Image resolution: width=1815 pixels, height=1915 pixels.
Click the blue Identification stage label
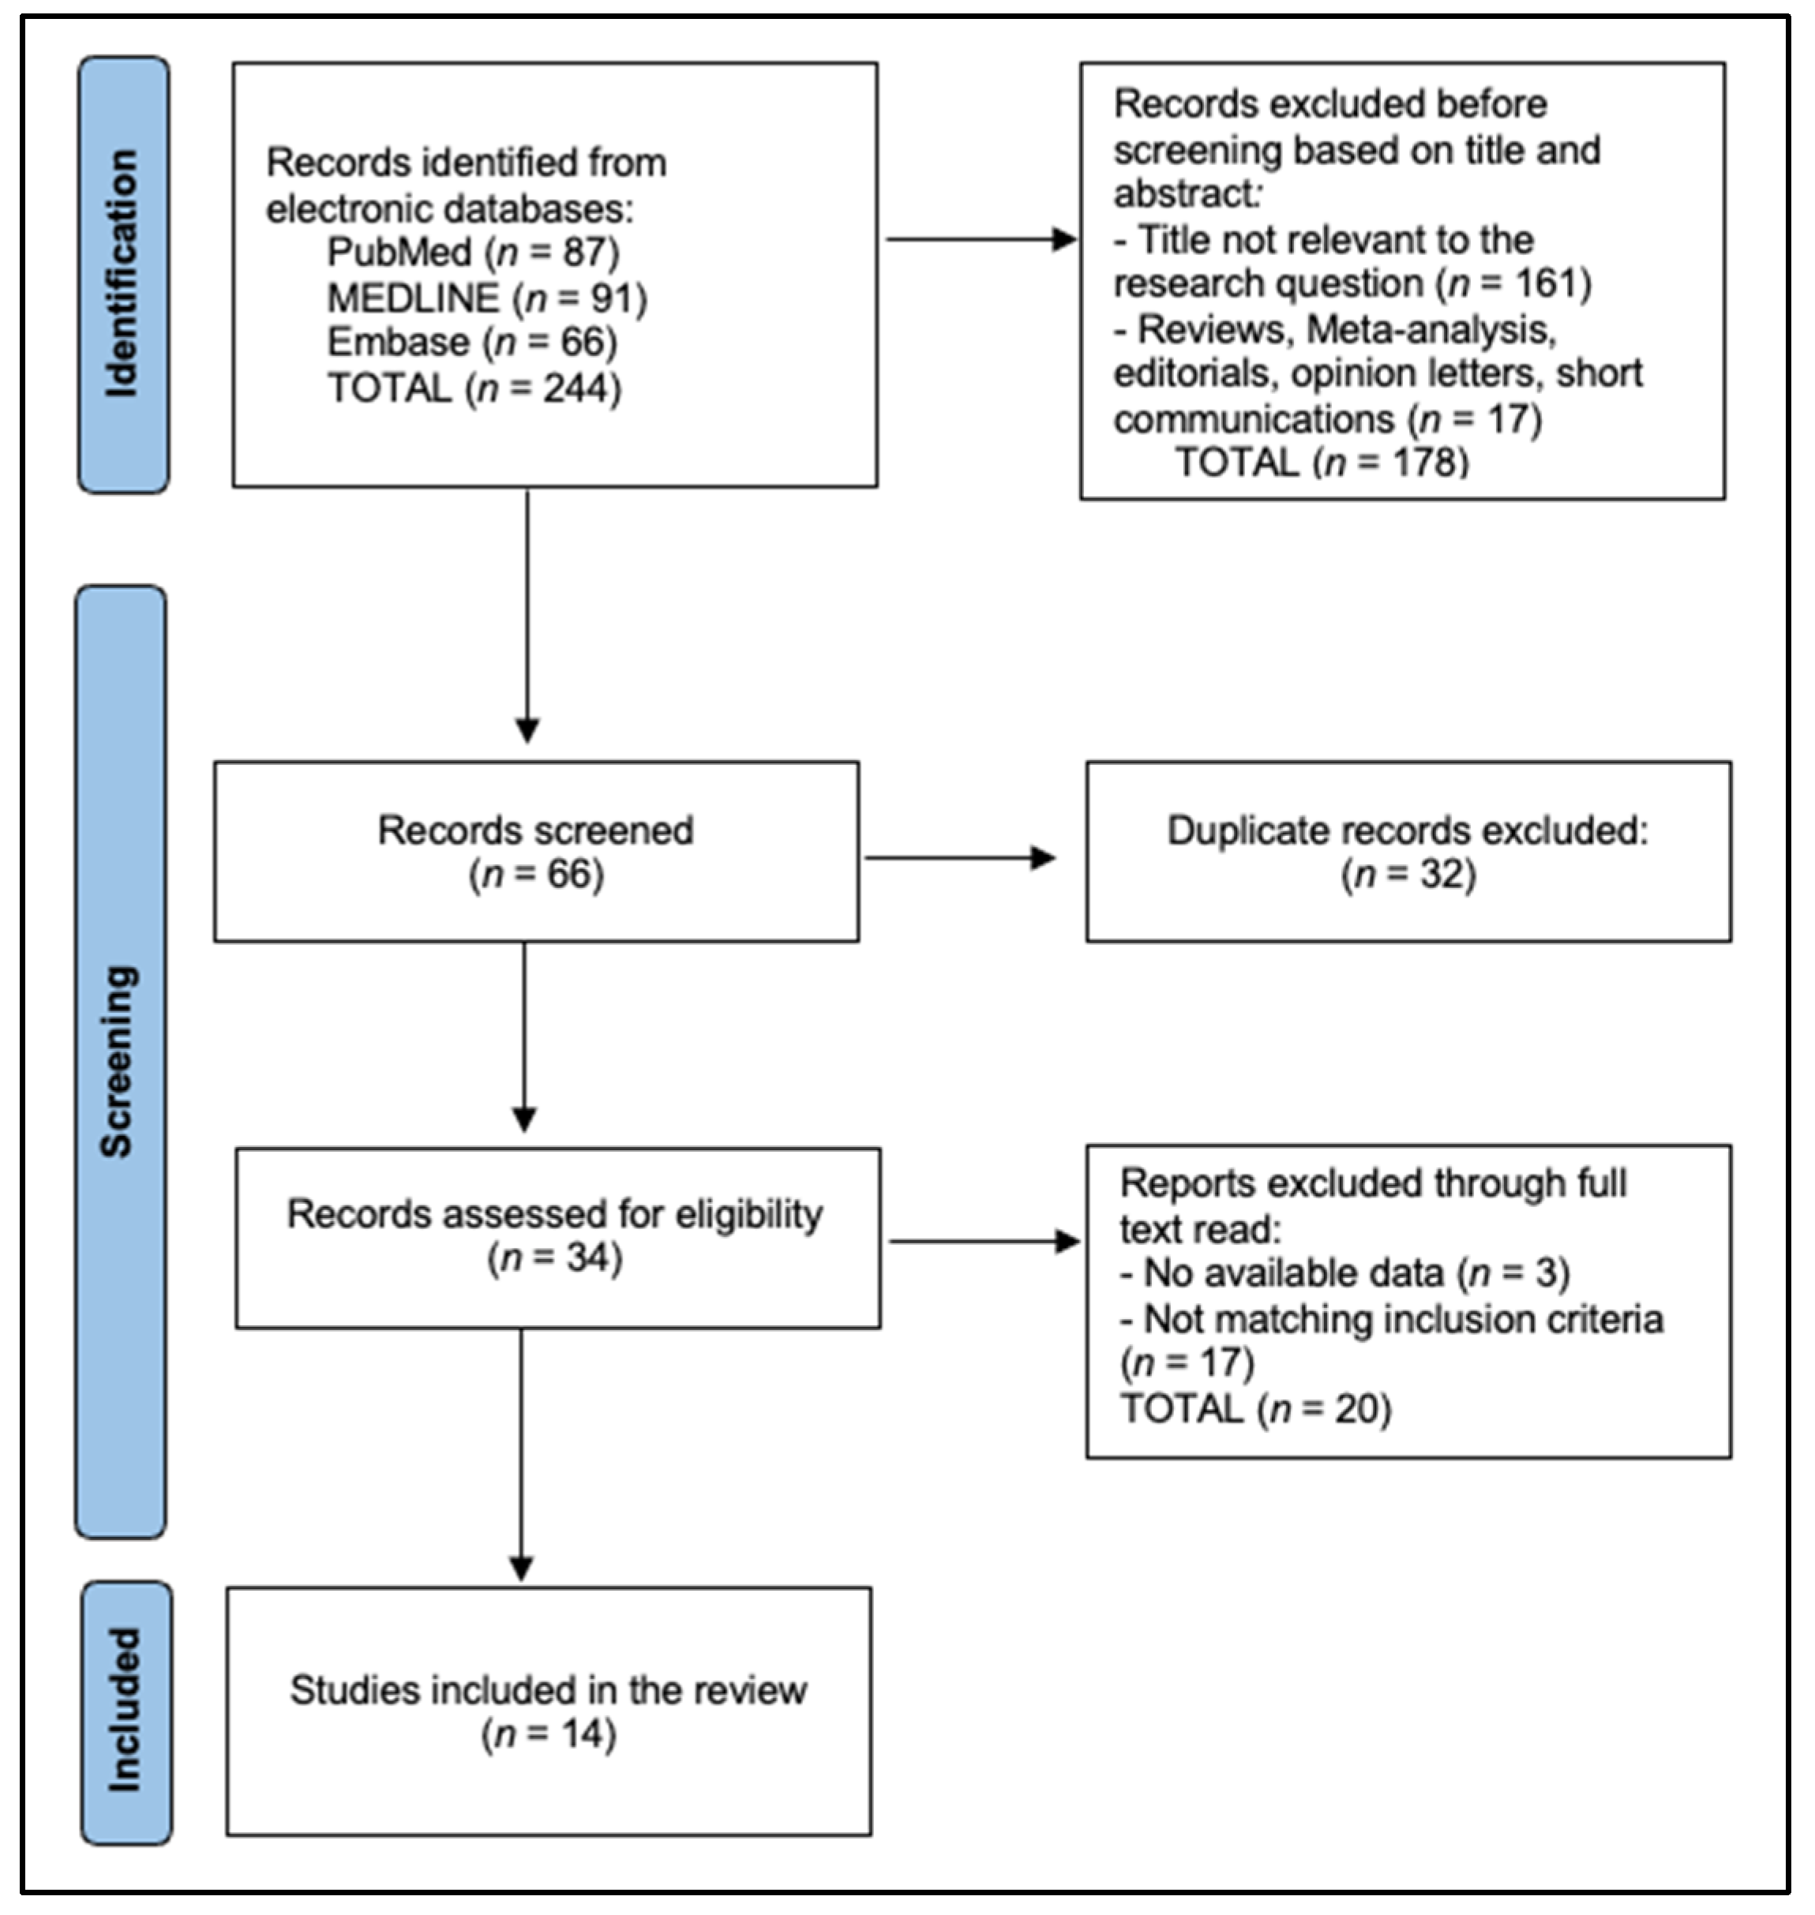(123, 275)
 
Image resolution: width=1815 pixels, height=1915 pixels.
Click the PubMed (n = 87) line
(472, 253)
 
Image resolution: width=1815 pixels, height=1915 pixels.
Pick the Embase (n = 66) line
(471, 343)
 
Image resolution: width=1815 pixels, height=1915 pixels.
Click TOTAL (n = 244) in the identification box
(474, 389)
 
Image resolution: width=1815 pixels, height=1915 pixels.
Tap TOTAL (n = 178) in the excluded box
(1322, 463)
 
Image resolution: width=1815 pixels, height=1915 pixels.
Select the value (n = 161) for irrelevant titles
(1514, 283)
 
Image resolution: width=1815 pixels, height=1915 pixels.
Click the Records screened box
(536, 851)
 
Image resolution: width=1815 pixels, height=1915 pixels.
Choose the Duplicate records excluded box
(1408, 851)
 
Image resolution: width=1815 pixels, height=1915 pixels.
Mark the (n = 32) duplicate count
(1408, 875)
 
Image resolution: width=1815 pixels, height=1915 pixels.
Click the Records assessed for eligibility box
(557, 1237)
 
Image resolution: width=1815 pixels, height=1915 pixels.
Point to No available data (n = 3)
(1344, 1272)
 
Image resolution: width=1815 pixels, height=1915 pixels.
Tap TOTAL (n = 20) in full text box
(1254, 1409)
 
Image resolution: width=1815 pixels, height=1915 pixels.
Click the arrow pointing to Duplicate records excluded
(960, 857)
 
